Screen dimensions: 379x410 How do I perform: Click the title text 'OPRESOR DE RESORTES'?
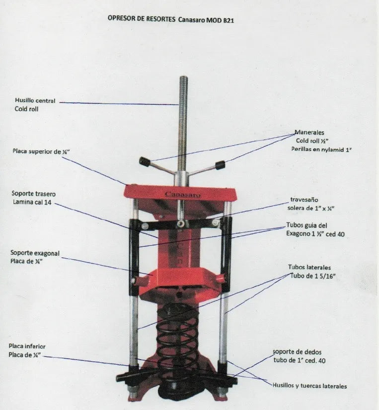pyautogui.click(x=142, y=18)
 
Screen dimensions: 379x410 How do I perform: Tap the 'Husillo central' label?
pyautogui.click(x=35, y=101)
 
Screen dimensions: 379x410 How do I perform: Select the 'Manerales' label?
pyautogui.click(x=309, y=132)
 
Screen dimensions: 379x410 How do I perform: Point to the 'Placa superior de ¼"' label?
pyautogui.click(x=41, y=151)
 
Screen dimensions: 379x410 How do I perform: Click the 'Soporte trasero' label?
pyautogui.click(x=34, y=194)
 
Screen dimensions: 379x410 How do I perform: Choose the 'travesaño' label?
pyautogui.click(x=304, y=200)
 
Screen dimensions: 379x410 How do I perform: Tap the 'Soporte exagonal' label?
pyautogui.click(x=35, y=253)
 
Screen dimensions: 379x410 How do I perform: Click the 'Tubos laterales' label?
pyautogui.click(x=309, y=267)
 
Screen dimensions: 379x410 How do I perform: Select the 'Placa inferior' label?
pyautogui.click(x=27, y=346)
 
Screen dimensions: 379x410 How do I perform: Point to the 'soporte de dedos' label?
pyautogui.click(x=297, y=352)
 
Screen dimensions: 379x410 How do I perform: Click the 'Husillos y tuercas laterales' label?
pyautogui.click(x=310, y=386)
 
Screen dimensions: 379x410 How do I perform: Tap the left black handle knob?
pyautogui.click(x=144, y=162)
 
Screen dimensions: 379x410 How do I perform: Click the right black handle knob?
pyautogui.click(x=220, y=165)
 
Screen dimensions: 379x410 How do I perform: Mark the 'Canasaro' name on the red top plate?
pyautogui.click(x=183, y=195)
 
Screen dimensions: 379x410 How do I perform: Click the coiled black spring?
pyautogui.click(x=177, y=337)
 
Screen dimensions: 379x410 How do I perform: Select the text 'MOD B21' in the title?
pyautogui.click(x=220, y=20)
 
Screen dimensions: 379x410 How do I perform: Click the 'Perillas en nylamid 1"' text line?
pyautogui.click(x=321, y=150)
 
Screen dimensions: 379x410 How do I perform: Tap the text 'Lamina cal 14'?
pyautogui.click(x=32, y=202)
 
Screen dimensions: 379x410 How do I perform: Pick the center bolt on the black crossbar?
pyautogui.click(x=180, y=223)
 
